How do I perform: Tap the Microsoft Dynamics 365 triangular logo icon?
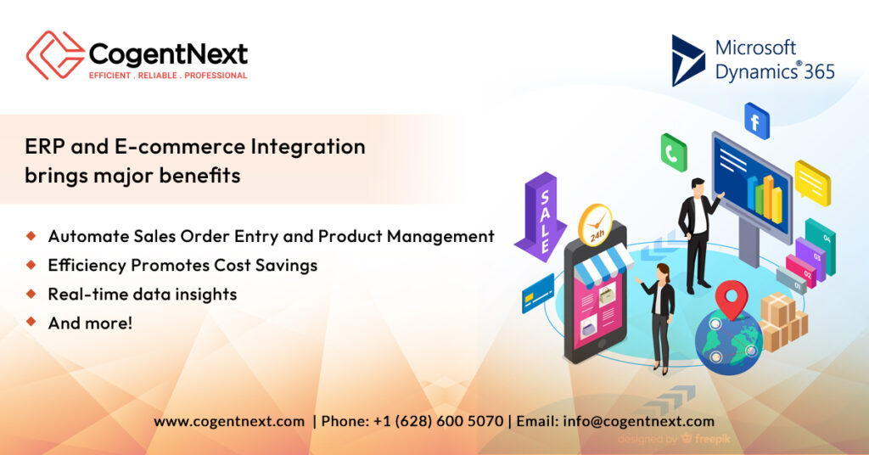[x=687, y=60]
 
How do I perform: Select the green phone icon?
[x=674, y=153]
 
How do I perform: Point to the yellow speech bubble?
[x=812, y=181]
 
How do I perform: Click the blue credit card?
[x=538, y=293]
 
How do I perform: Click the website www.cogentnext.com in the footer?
[x=229, y=421]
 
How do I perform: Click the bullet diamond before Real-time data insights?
[x=31, y=293]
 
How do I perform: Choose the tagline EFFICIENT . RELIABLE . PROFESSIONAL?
[x=168, y=76]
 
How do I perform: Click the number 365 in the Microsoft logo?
[x=820, y=71]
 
